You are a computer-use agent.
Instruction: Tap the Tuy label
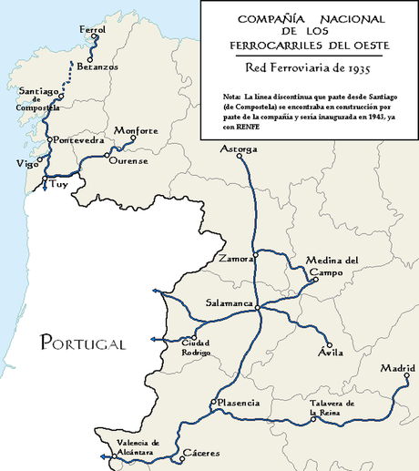(x=59, y=183)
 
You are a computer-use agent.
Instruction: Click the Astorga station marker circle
(x=240, y=157)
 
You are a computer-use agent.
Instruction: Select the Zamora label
(x=235, y=260)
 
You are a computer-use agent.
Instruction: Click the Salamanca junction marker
(x=259, y=307)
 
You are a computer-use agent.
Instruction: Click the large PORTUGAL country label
(x=82, y=343)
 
